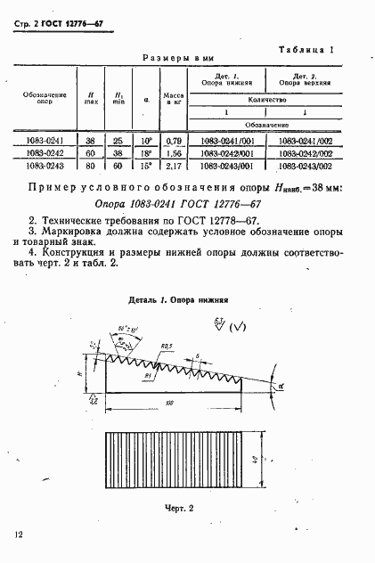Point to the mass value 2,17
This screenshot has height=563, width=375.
click(x=173, y=165)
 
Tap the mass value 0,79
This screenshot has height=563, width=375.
click(x=173, y=140)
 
